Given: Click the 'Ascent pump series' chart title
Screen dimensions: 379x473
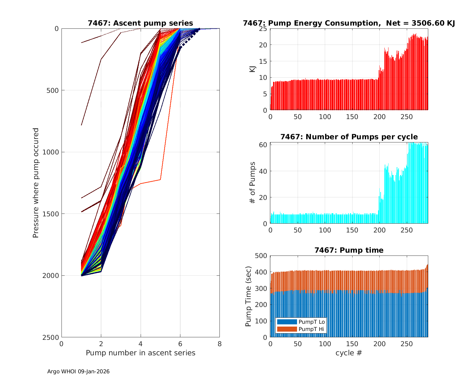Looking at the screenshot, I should click(x=140, y=23).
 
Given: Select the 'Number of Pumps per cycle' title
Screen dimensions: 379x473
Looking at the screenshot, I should click(x=349, y=137).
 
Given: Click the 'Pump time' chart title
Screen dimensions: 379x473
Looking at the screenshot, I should click(x=349, y=250).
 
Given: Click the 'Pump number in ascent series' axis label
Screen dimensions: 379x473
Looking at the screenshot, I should click(x=140, y=353).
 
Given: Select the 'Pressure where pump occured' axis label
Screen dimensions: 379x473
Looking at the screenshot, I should click(x=36, y=183).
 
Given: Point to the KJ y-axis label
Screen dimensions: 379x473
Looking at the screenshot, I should click(x=253, y=69).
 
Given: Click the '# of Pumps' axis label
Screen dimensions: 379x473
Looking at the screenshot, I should click(x=253, y=183).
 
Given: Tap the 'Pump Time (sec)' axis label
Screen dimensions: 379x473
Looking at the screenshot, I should click(x=248, y=296).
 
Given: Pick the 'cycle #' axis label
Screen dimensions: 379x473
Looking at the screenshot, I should click(x=349, y=353).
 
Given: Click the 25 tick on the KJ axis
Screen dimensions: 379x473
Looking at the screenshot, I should click(x=263, y=29).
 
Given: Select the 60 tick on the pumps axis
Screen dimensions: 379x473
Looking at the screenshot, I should click(x=263, y=145).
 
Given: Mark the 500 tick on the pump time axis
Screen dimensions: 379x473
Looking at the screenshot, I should click(x=261, y=256).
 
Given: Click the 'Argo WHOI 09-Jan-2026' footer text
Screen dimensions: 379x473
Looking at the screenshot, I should click(x=79, y=371).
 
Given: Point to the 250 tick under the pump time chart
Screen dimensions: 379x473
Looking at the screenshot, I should click(x=406, y=344).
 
